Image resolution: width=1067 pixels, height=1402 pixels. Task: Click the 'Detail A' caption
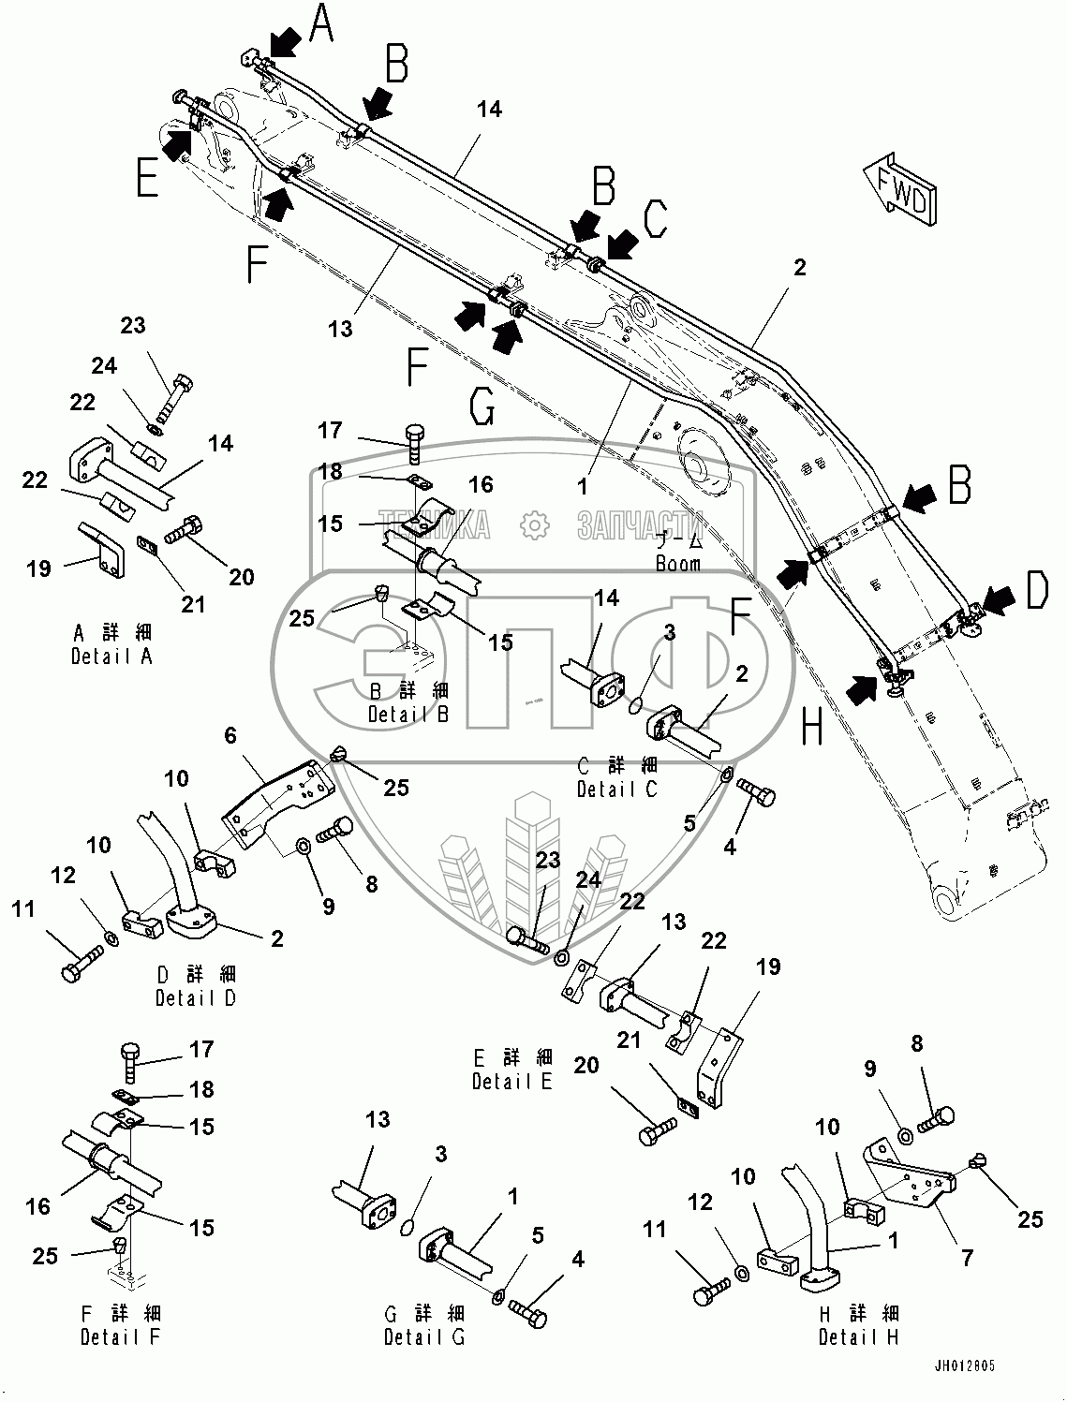(111, 657)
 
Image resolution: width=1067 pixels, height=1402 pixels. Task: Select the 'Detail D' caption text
(196, 997)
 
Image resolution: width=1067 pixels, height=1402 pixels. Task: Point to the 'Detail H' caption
(858, 1337)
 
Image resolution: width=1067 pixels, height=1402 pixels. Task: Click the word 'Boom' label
(677, 565)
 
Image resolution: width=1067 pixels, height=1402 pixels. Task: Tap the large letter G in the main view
(481, 408)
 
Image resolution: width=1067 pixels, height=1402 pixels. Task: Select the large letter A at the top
(321, 24)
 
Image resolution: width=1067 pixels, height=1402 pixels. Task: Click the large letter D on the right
(1035, 592)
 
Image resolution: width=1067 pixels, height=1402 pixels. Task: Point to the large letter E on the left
(146, 178)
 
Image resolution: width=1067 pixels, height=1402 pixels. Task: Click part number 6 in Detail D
(230, 737)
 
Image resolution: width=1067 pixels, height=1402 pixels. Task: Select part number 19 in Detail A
(38, 568)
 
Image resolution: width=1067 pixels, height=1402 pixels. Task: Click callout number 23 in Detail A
(133, 326)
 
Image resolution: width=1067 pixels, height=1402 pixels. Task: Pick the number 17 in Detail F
(201, 1049)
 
